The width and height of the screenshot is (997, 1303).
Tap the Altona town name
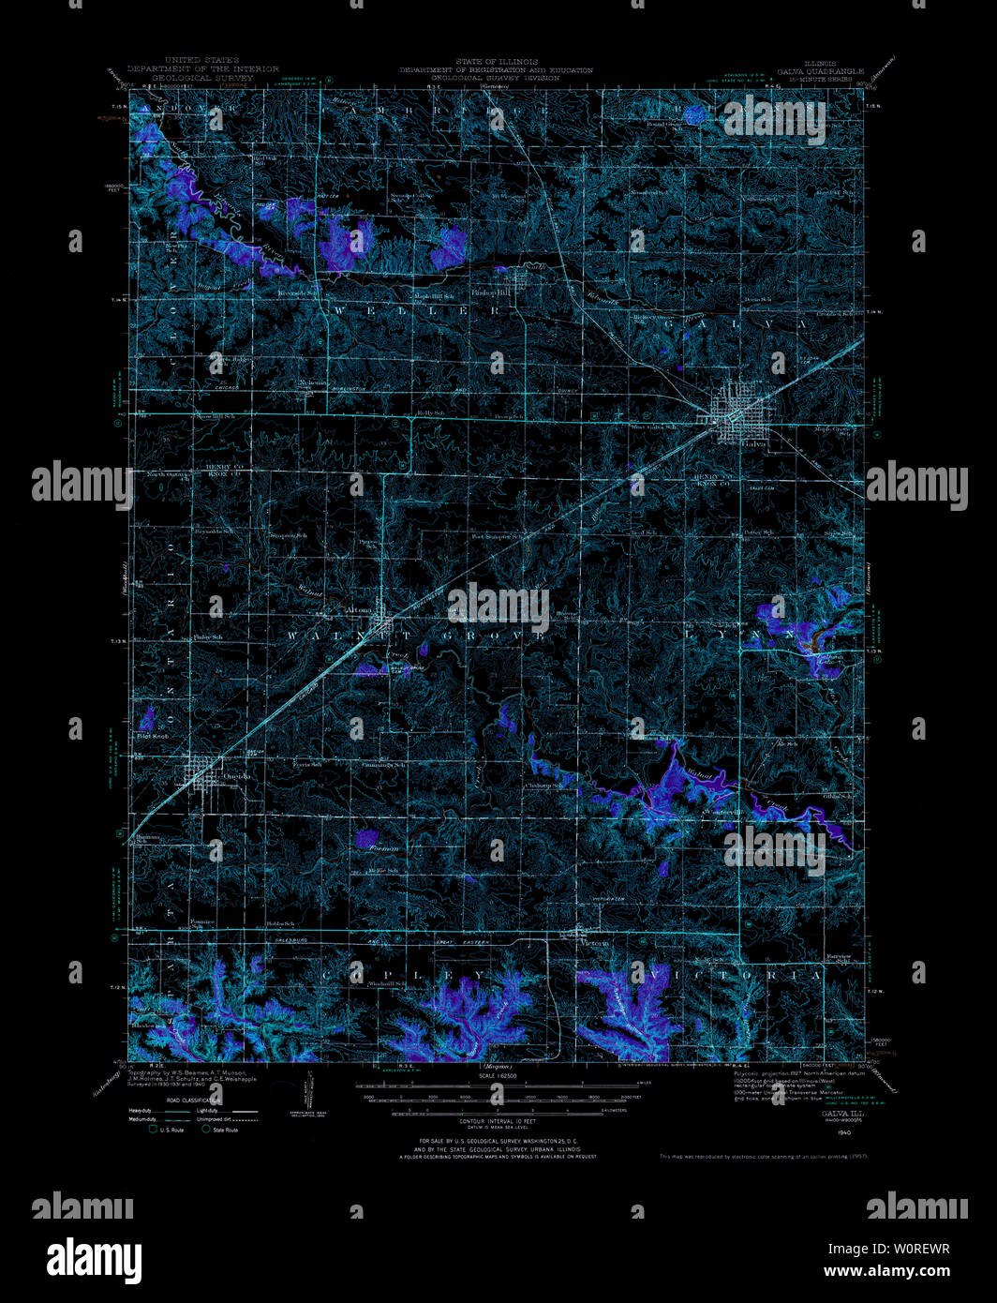click(359, 610)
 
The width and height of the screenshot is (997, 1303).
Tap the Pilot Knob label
click(152, 737)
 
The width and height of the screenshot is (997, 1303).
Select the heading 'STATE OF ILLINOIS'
click(497, 62)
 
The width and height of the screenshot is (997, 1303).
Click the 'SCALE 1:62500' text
click(498, 1075)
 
